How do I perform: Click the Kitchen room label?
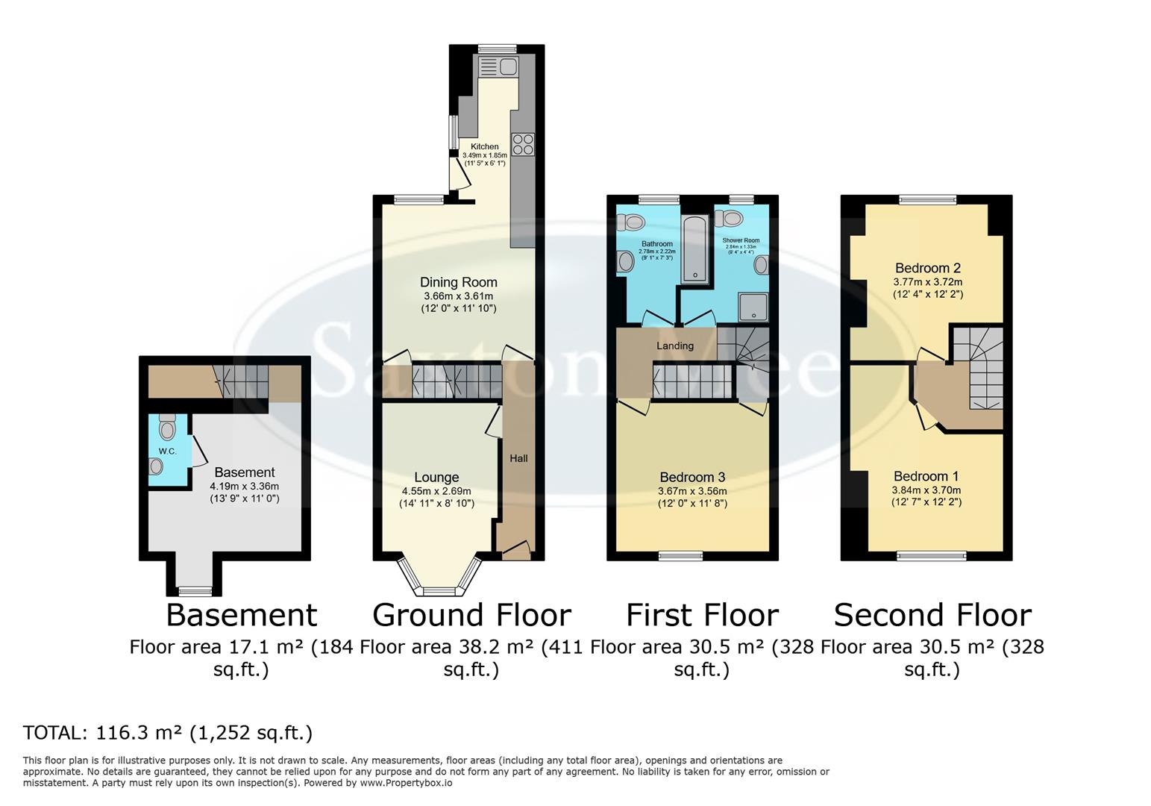pyautogui.click(x=484, y=146)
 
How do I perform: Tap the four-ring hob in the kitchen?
pyautogui.click(x=523, y=144)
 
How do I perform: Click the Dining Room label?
pyautogui.click(x=458, y=282)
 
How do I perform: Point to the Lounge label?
pyautogui.click(x=436, y=478)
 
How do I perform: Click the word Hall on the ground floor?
pyautogui.click(x=518, y=458)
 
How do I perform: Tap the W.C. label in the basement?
pyautogui.click(x=167, y=452)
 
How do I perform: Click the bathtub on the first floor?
pyautogui.click(x=695, y=249)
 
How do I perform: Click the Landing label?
pyautogui.click(x=674, y=346)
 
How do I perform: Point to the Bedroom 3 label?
pyautogui.click(x=692, y=478)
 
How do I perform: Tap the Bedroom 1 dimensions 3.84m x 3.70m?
pyautogui.click(x=926, y=490)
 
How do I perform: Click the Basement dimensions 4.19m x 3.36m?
pyautogui.click(x=245, y=486)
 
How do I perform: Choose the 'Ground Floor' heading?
pyautogui.click(x=471, y=616)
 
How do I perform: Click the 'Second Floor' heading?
pyautogui.click(x=932, y=616)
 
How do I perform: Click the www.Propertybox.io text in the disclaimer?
pyautogui.click(x=406, y=783)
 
